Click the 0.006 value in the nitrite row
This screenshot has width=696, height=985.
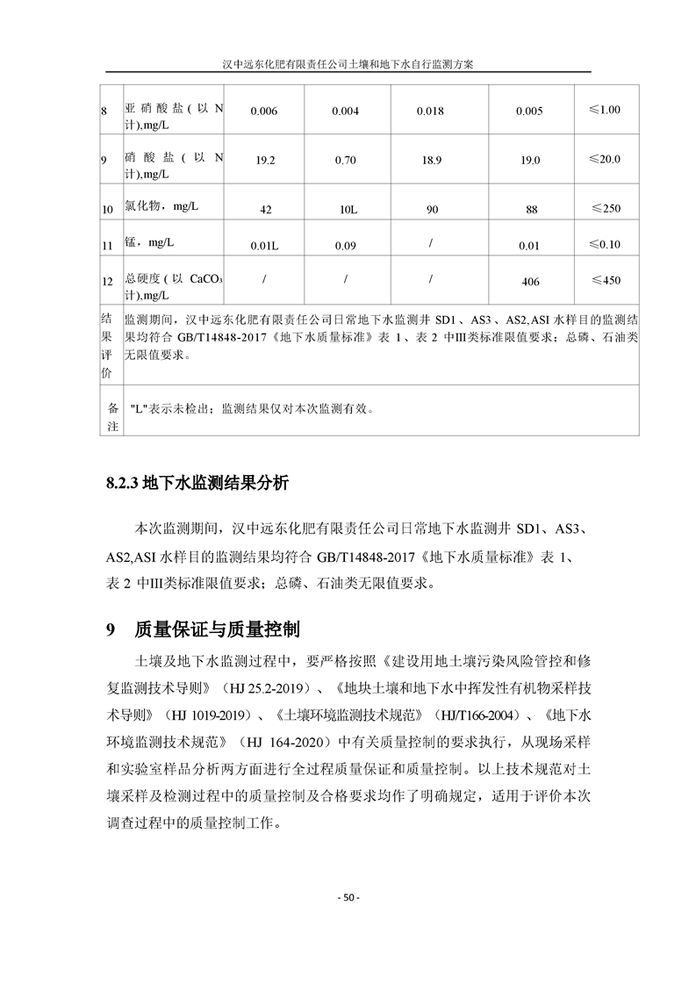(263, 111)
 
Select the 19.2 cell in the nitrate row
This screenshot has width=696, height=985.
(264, 161)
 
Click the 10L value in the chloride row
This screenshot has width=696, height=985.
(347, 211)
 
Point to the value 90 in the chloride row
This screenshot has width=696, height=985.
(431, 211)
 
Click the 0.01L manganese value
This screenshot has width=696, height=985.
(264, 247)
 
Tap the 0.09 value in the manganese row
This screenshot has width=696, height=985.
(346, 247)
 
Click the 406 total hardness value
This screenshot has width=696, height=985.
(529, 282)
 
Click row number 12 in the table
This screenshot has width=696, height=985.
(107, 282)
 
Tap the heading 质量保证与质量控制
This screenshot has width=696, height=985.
(216, 629)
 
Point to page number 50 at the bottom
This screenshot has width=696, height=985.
(348, 897)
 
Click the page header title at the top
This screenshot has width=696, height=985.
(348, 64)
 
